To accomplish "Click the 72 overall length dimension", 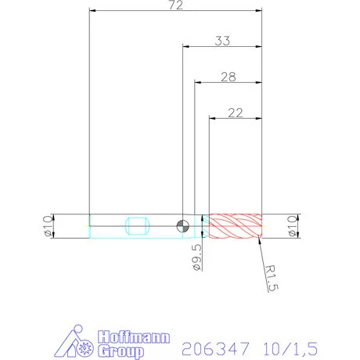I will point(176,6).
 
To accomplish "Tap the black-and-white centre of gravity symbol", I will point(182,225).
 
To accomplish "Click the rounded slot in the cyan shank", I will point(139,225).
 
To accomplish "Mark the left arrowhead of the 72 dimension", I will point(93,12).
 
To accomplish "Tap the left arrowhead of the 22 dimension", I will point(212,118).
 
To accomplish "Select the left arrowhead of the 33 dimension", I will point(186,45).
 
